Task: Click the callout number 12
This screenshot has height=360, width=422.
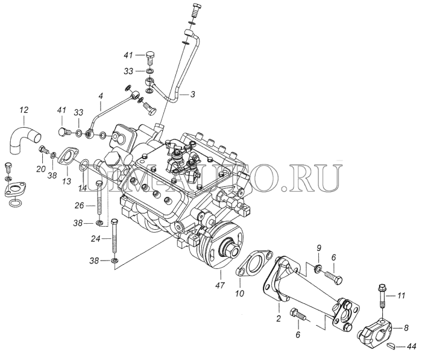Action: pos(24,110)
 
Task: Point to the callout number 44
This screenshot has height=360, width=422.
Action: pos(411,346)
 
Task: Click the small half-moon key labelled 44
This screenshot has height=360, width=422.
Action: pos(392,345)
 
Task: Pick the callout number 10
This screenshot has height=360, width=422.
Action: pos(239,294)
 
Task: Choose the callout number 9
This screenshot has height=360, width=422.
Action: pos(320,248)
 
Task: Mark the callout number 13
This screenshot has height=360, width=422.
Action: pos(66,180)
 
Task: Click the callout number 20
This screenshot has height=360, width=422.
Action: pos(40,169)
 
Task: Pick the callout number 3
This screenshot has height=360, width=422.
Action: pos(192,95)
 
